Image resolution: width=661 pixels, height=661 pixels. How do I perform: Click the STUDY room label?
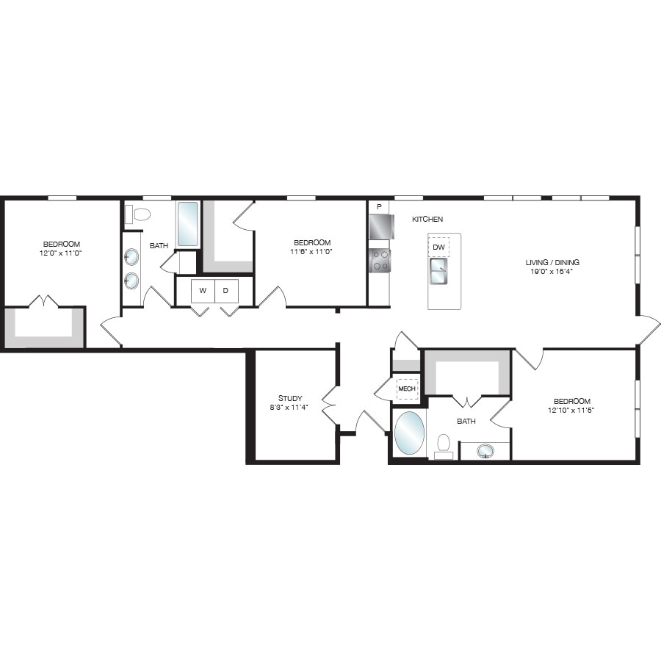pyautogui.click(x=289, y=398)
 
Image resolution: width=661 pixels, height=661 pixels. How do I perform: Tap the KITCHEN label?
pyautogui.click(x=427, y=220)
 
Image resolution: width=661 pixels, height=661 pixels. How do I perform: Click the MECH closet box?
pyautogui.click(x=407, y=389)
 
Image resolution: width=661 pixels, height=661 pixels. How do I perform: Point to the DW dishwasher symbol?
pyautogui.click(x=438, y=248)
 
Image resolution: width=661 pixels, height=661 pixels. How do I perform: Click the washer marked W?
pyautogui.click(x=203, y=290)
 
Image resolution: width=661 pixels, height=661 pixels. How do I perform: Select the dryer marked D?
pyautogui.click(x=226, y=290)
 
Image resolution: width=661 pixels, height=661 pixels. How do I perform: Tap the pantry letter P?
pyautogui.click(x=379, y=207)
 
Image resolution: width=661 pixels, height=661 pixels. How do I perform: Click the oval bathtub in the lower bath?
pyautogui.click(x=409, y=433)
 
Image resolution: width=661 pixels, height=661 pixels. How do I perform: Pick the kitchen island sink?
pyautogui.click(x=439, y=272)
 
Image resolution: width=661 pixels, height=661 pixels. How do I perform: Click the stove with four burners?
pyautogui.click(x=380, y=260)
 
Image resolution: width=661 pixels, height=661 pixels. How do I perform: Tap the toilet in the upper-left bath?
pyautogui.click(x=139, y=214)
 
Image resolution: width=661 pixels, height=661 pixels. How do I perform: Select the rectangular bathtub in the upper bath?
pyautogui.click(x=187, y=224)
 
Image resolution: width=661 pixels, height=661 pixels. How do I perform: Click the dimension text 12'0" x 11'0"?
pyautogui.click(x=62, y=253)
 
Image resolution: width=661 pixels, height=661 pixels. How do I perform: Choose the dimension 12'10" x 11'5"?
pyautogui.click(x=572, y=410)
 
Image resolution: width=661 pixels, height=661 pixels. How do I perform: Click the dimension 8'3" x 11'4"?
pyautogui.click(x=289, y=408)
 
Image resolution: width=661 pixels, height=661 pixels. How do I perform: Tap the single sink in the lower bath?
pyautogui.click(x=485, y=450)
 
